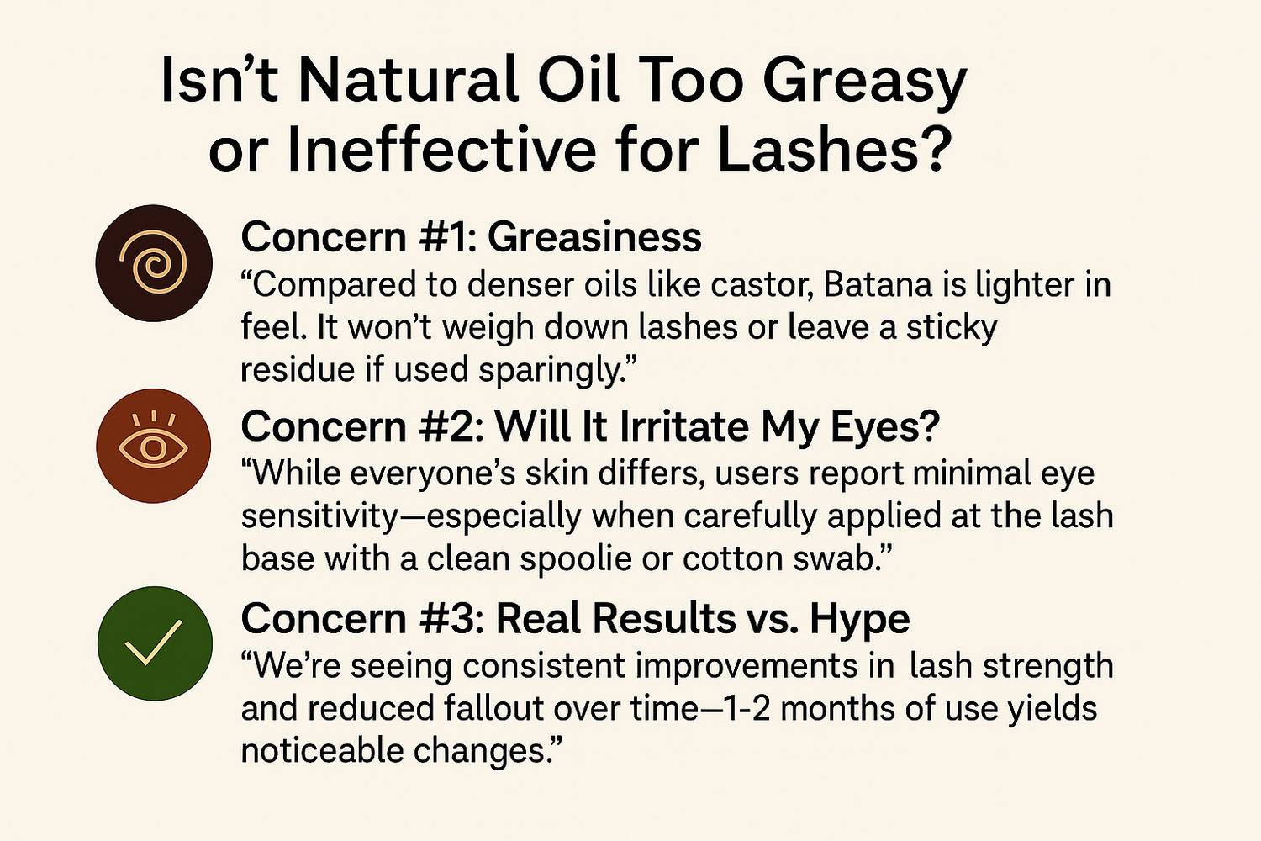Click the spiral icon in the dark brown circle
(x=154, y=263)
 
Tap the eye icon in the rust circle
(x=154, y=445)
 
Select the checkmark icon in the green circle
(x=154, y=643)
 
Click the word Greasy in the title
(x=864, y=82)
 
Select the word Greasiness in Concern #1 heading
(x=594, y=237)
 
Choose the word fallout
(x=495, y=707)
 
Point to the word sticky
(x=951, y=329)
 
